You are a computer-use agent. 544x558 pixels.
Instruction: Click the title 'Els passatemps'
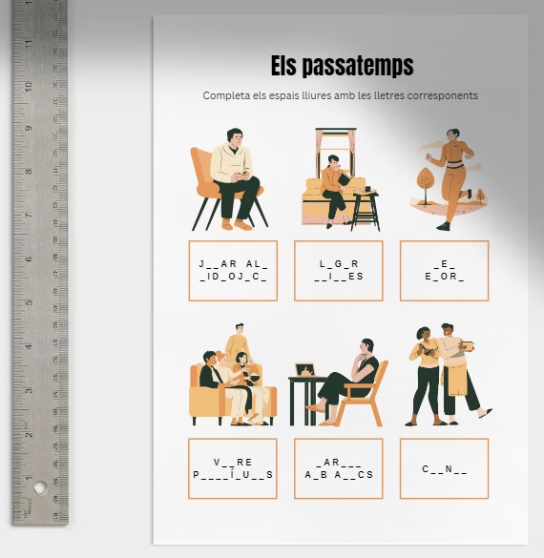(x=342, y=66)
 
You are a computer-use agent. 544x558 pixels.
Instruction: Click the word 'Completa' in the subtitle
(x=225, y=95)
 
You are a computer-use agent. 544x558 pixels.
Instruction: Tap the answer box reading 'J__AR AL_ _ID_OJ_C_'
(x=233, y=271)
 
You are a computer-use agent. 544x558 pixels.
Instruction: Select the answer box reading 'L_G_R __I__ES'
(x=339, y=271)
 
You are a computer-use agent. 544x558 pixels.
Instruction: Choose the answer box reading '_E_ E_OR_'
(x=444, y=271)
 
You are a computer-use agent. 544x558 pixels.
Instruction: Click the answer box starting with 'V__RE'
(x=233, y=468)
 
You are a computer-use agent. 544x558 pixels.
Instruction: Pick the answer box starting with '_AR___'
(x=339, y=468)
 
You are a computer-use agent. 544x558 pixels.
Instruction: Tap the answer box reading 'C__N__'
(x=444, y=468)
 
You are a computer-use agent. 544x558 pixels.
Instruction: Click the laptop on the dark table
(x=305, y=368)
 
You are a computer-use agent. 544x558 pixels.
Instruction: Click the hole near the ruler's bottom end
(x=40, y=487)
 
